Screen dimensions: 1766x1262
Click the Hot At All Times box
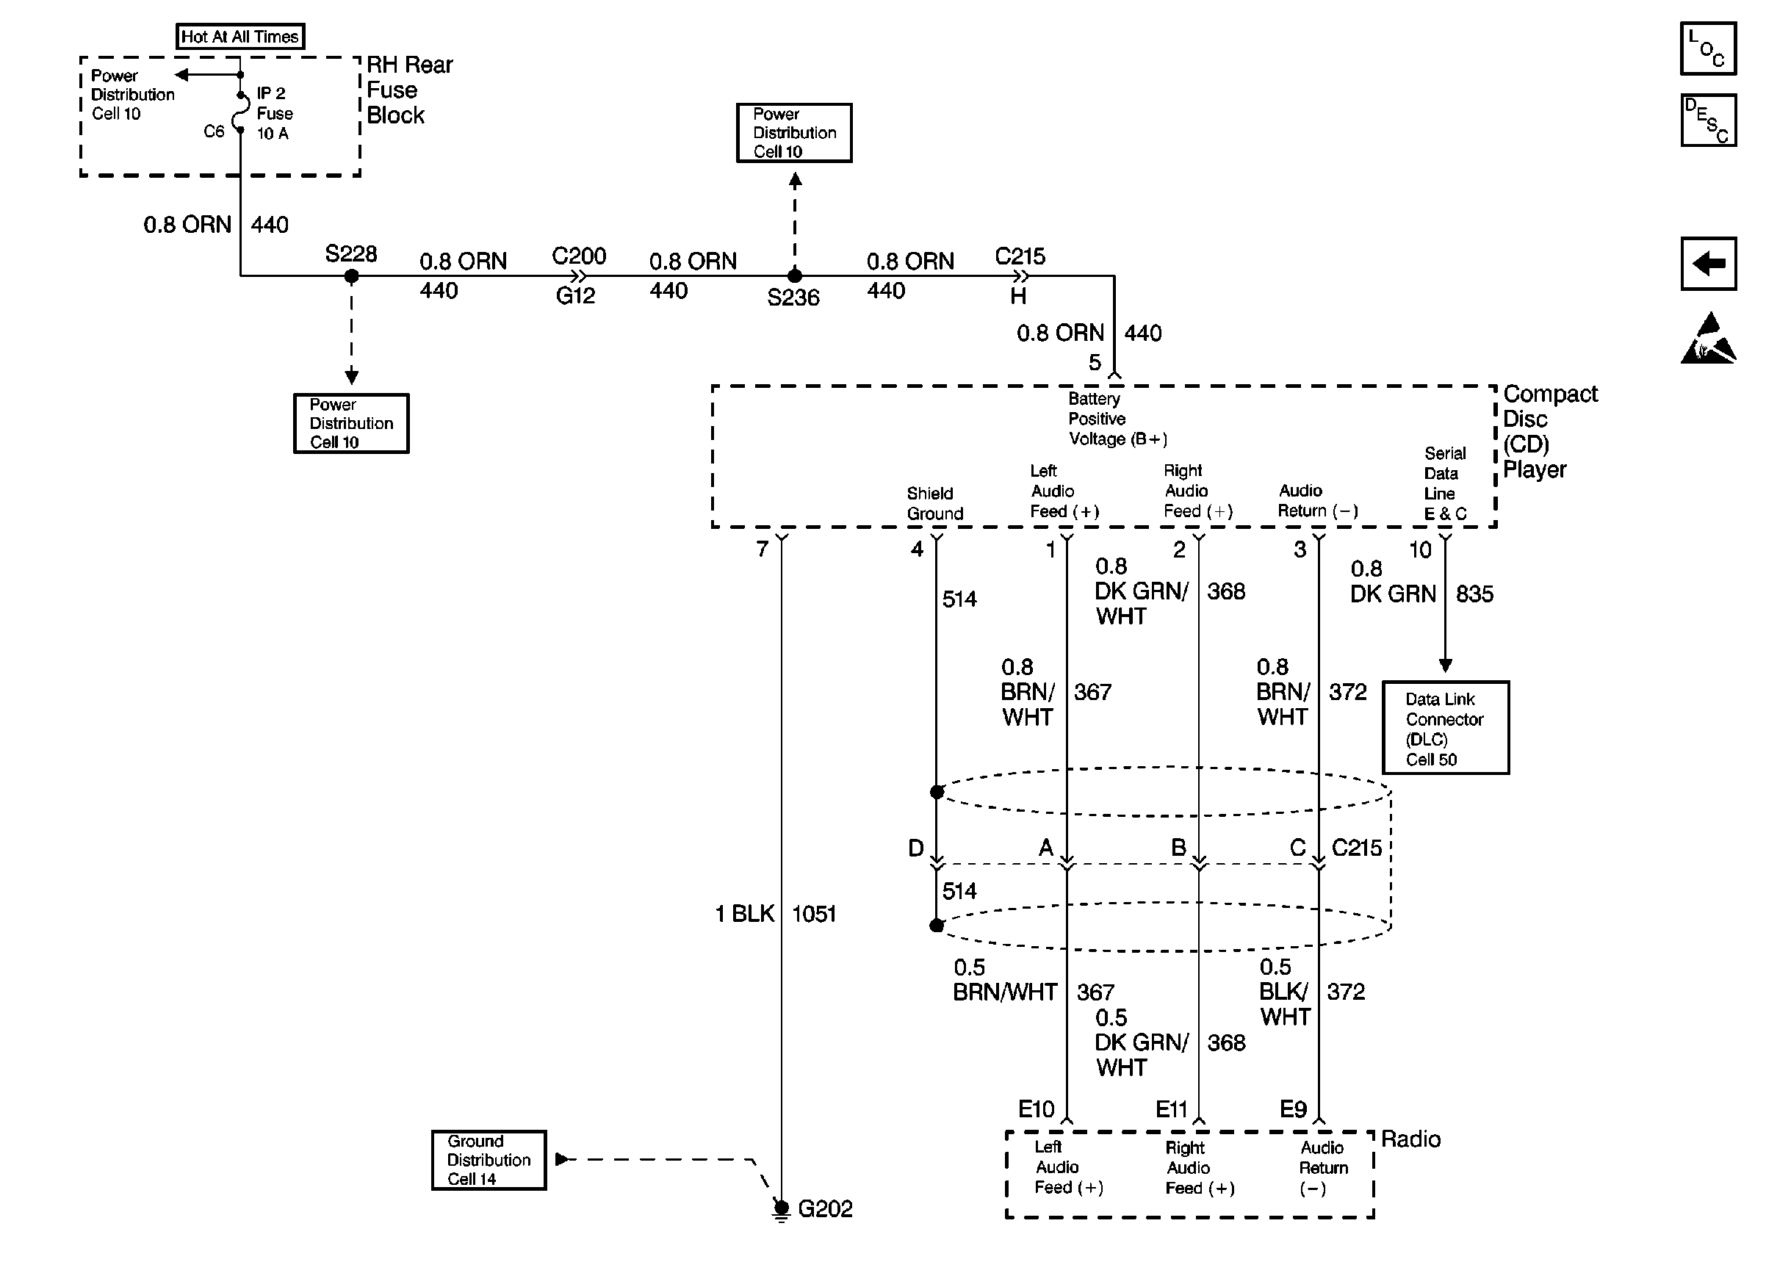tap(240, 37)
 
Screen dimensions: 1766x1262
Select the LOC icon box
tap(1708, 48)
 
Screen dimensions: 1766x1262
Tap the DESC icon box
tap(1708, 120)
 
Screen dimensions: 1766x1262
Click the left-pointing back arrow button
tap(1708, 264)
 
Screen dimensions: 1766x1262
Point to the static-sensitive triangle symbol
tap(1708, 339)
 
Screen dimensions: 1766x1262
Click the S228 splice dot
tap(351, 276)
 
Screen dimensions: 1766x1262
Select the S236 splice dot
tap(795, 276)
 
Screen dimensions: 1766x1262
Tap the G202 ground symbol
tap(782, 1210)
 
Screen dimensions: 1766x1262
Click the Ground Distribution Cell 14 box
tap(489, 1160)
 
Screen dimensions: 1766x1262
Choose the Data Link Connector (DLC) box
tap(1446, 728)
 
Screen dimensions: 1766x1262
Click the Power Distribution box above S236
tap(794, 133)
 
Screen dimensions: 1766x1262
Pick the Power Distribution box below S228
tap(351, 424)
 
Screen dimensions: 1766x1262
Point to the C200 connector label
tap(579, 256)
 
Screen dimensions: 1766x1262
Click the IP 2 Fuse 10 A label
tap(274, 113)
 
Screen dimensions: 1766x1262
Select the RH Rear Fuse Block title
tap(409, 90)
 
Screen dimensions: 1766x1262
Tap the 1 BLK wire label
tap(744, 914)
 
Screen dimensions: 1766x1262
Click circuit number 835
tap(1474, 594)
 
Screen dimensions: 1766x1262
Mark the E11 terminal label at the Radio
tap(1172, 1109)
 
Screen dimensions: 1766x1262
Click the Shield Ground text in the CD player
tap(934, 504)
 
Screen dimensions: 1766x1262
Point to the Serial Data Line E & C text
tap(1445, 483)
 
